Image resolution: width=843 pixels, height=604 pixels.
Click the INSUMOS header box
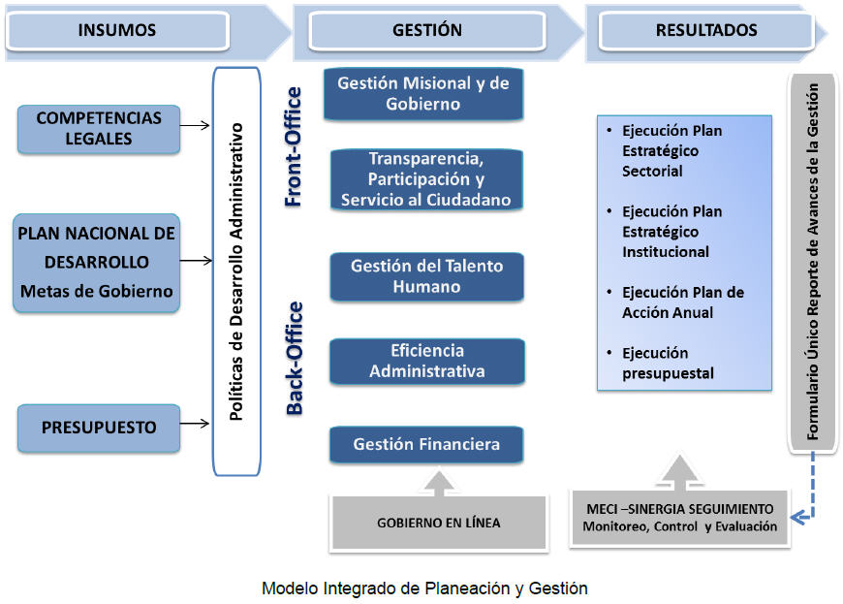(x=117, y=30)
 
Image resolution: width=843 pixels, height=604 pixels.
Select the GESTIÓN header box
(x=427, y=30)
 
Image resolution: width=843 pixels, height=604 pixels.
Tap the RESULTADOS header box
(x=706, y=30)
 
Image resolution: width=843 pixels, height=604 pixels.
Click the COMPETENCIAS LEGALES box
(x=99, y=128)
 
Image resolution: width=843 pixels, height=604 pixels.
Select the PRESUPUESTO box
(x=99, y=428)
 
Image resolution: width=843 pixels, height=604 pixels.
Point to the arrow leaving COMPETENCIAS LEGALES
(x=197, y=125)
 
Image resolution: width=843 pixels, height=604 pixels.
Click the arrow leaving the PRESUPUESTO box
(x=197, y=424)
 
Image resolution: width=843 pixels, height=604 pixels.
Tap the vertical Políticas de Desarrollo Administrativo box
(x=236, y=270)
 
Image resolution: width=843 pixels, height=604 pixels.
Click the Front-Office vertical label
(x=294, y=147)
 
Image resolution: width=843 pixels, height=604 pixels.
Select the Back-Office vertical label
(x=294, y=359)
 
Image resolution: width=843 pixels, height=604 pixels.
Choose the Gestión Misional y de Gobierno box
(x=423, y=94)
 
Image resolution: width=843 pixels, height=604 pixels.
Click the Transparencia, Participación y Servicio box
(x=425, y=179)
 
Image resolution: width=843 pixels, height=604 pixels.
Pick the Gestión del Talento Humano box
(x=427, y=276)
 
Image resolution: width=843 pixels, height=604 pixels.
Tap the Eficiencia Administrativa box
(x=427, y=361)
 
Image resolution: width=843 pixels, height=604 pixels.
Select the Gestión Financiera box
(x=427, y=445)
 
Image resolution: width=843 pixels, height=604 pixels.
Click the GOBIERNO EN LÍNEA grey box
(x=439, y=523)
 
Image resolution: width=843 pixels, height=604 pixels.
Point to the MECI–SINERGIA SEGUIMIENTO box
(x=679, y=519)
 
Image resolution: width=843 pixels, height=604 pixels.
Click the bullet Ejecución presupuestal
(x=668, y=364)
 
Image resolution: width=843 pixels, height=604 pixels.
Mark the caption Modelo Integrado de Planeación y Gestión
(x=424, y=588)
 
